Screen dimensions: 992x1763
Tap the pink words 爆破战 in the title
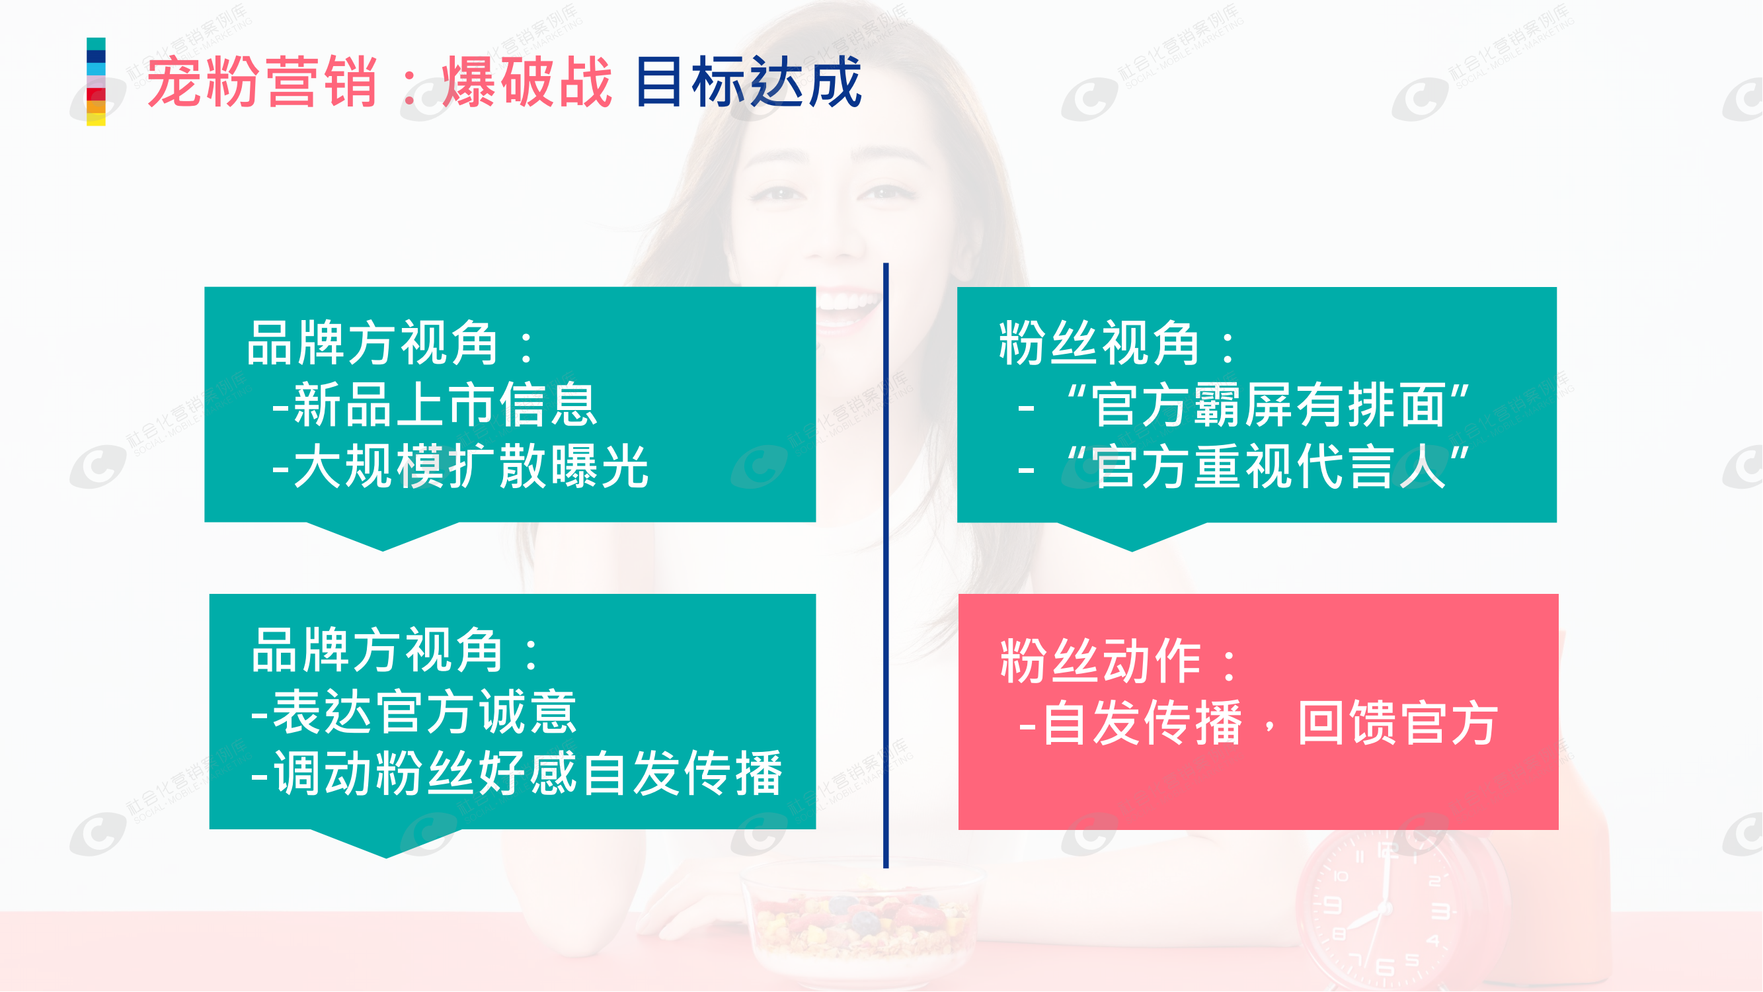point(527,82)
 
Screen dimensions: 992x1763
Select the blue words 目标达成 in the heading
point(749,82)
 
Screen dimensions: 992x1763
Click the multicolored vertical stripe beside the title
point(96,81)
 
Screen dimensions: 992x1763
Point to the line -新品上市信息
point(435,405)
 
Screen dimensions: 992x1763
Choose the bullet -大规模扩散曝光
point(460,467)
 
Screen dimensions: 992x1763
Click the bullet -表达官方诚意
point(414,713)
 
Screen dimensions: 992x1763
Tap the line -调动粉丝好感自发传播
point(517,774)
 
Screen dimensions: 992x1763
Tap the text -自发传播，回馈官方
point(1258,723)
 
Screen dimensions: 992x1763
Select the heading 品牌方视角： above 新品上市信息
point(390,344)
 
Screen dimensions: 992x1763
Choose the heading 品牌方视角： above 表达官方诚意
point(395,650)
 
